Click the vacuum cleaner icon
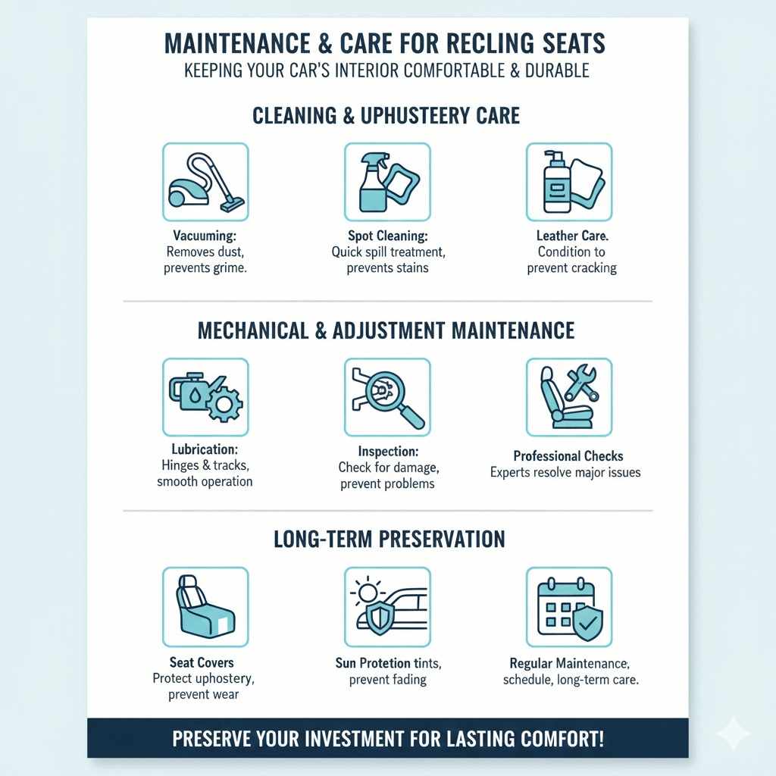pyautogui.click(x=205, y=182)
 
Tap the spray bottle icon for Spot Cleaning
pyautogui.click(x=387, y=182)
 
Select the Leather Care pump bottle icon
pyautogui.click(x=569, y=182)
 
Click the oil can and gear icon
pyautogui.click(x=205, y=397)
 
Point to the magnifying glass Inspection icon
pyautogui.click(x=387, y=397)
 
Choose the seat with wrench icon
pyautogui.click(x=569, y=397)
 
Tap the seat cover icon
pyautogui.click(x=205, y=606)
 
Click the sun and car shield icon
pyautogui.click(x=387, y=606)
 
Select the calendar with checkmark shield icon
pyautogui.click(x=569, y=606)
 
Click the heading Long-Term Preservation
pyautogui.click(x=389, y=539)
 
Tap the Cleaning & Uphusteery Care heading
pyautogui.click(x=386, y=115)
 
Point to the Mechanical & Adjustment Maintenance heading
pyautogui.click(x=386, y=330)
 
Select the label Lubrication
pyautogui.click(x=205, y=450)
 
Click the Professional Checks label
pyautogui.click(x=568, y=456)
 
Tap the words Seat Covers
pyautogui.click(x=202, y=662)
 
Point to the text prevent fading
pyautogui.click(x=388, y=680)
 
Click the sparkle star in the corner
pyautogui.click(x=733, y=733)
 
